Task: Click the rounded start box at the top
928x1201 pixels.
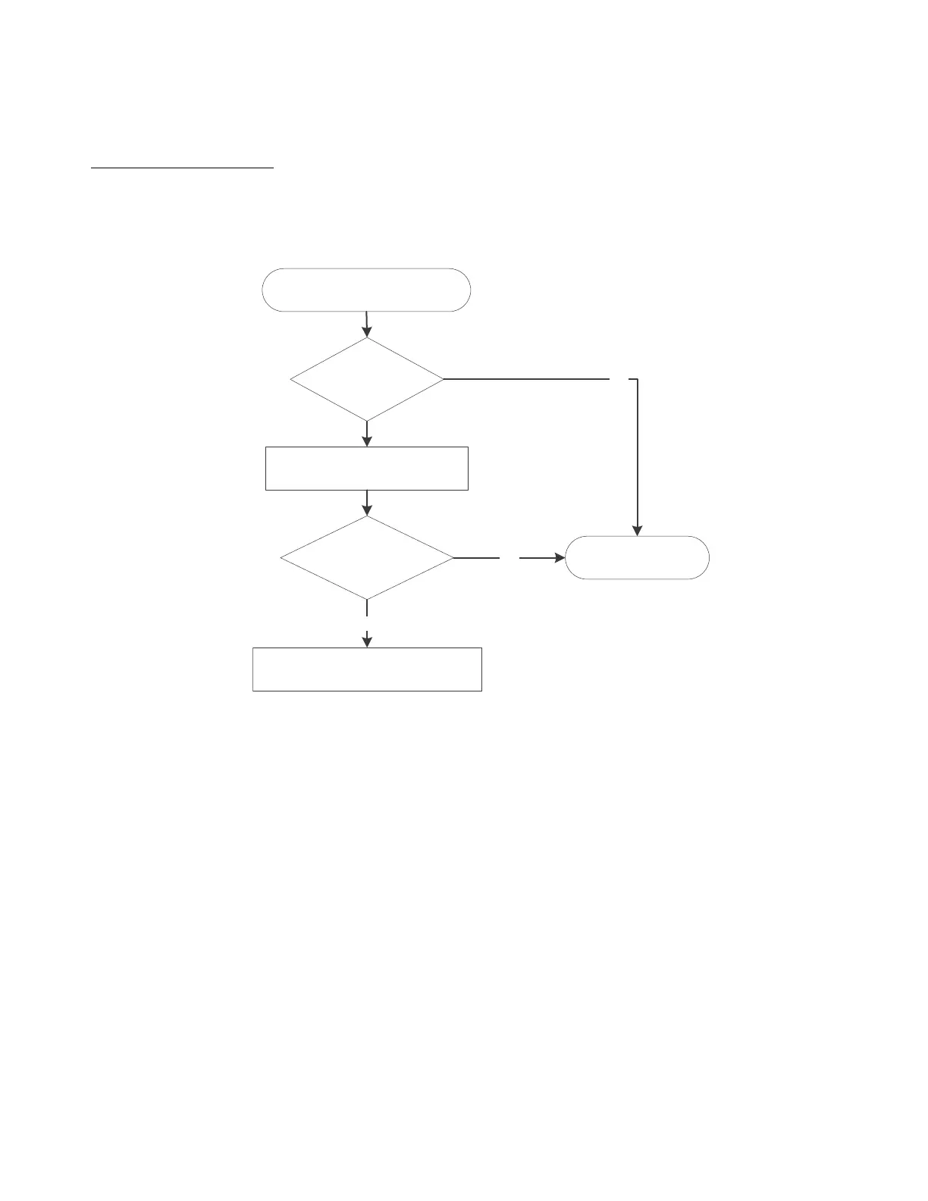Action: (x=366, y=290)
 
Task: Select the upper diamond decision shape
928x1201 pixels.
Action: (x=367, y=378)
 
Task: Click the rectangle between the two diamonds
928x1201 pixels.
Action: (x=367, y=469)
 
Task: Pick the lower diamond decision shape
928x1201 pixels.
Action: (x=367, y=558)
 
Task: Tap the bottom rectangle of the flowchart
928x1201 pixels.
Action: (x=367, y=669)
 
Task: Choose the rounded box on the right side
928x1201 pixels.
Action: (x=638, y=558)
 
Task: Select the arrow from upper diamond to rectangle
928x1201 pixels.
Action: (x=367, y=433)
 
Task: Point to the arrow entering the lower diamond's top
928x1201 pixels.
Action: (x=367, y=502)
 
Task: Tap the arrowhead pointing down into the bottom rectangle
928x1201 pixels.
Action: (x=367, y=641)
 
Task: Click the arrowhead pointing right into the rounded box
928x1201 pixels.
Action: (x=560, y=558)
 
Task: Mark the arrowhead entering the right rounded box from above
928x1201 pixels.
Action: (x=638, y=530)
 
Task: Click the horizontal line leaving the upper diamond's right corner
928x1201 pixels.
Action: (x=527, y=378)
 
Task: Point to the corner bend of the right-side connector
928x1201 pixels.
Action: (x=637, y=379)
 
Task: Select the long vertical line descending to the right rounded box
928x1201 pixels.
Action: (x=638, y=455)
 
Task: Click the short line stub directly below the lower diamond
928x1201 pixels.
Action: (x=367, y=608)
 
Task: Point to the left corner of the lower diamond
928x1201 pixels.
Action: (x=282, y=558)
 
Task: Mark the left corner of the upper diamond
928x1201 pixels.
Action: (x=292, y=378)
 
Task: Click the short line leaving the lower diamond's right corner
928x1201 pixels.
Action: (x=477, y=558)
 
